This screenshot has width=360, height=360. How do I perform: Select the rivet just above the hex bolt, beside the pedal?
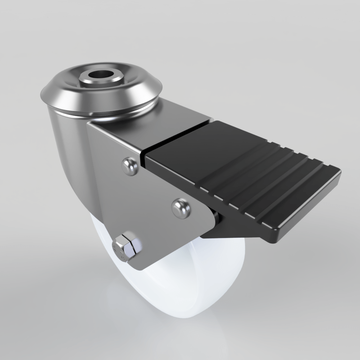click(181, 208)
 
